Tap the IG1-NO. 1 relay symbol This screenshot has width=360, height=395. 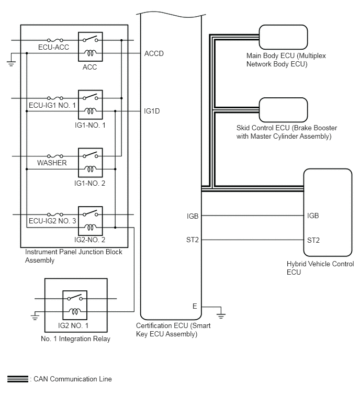click(90, 104)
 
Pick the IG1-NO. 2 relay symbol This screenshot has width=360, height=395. click(90, 162)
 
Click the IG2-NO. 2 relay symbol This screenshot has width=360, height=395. click(90, 220)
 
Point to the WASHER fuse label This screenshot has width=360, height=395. click(52, 163)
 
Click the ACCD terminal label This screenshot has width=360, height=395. click(155, 53)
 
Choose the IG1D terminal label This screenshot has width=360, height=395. click(152, 111)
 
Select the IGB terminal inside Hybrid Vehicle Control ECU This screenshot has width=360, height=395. click(313, 216)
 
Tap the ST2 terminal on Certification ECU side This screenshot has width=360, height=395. click(193, 240)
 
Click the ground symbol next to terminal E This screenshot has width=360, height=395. click(220, 315)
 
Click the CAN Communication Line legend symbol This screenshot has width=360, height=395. click(17, 379)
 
